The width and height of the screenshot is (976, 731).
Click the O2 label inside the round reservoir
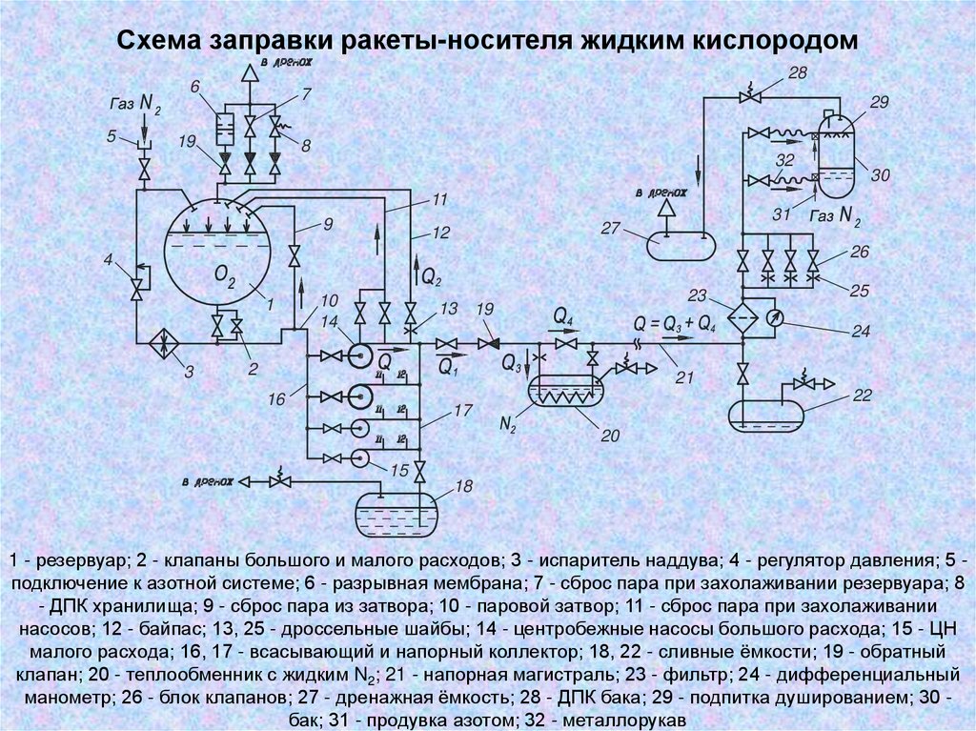coord(225,276)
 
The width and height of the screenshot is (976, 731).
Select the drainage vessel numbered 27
coord(680,244)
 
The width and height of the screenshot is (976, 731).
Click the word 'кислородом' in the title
coord(775,42)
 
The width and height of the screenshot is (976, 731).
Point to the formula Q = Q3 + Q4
coord(675,323)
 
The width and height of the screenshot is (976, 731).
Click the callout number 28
coord(798,73)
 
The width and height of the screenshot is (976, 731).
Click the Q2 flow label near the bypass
coord(431,277)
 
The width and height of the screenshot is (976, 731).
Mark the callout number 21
coord(683,378)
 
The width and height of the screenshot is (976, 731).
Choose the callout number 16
coord(275,400)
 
